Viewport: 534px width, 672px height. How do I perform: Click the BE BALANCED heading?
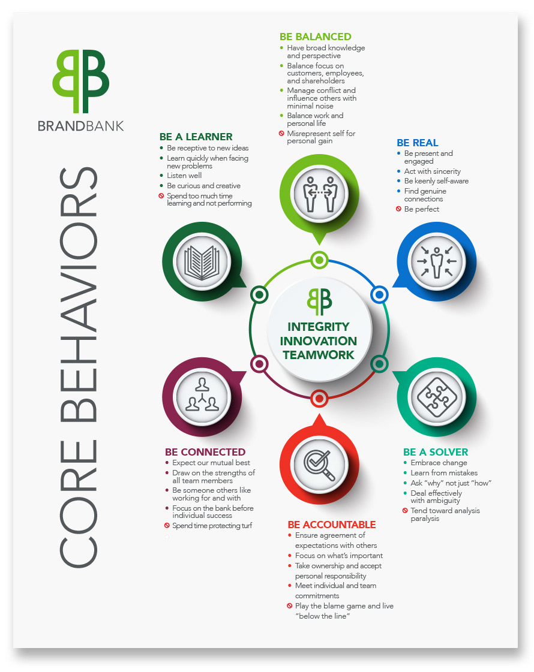(x=316, y=37)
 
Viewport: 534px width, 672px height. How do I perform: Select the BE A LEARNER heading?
(x=196, y=137)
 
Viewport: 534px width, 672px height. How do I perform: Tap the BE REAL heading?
(x=418, y=143)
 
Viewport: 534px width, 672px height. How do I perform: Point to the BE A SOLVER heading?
(x=436, y=452)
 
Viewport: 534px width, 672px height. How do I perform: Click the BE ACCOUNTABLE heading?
(x=332, y=525)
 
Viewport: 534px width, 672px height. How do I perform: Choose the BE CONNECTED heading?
(x=205, y=452)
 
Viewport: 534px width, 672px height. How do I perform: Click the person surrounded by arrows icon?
(x=436, y=261)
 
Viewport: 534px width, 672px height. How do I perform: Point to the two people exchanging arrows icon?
(x=319, y=194)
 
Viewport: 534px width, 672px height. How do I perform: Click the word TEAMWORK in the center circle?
(x=319, y=354)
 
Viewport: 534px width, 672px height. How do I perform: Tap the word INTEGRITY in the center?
(x=319, y=327)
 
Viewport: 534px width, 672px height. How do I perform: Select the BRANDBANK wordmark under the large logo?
(x=80, y=125)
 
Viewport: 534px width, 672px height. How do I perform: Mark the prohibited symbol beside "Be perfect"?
(x=398, y=209)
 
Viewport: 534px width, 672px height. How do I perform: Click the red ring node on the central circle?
(x=319, y=397)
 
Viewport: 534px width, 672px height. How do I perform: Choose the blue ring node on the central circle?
(x=379, y=294)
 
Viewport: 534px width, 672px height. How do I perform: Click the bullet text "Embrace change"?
(x=439, y=463)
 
